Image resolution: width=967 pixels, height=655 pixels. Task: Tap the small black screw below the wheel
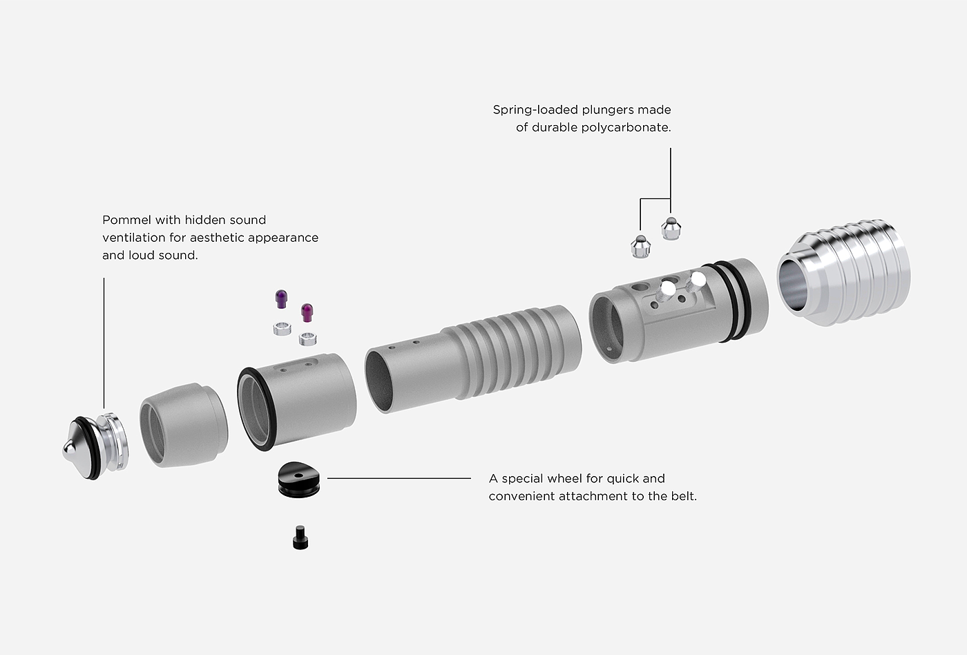[299, 538]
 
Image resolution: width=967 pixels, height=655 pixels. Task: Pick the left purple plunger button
[280, 299]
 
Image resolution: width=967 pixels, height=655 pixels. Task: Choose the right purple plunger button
[307, 312]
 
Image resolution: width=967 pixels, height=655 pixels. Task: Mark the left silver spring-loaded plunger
[641, 246]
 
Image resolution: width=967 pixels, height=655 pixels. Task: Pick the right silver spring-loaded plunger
[670, 227]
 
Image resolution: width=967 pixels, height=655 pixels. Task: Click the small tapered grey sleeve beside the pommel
[184, 424]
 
